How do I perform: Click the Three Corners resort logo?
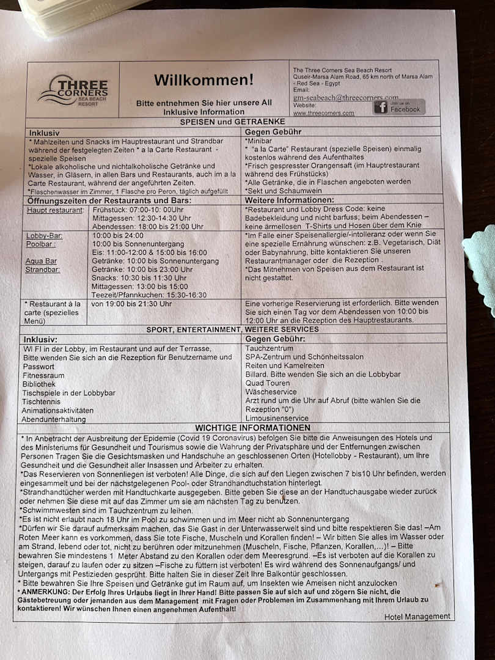point(73,90)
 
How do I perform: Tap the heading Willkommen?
point(203,80)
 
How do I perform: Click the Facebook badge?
point(399,107)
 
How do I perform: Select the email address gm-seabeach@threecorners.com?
point(345,97)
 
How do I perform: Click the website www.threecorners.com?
point(323,113)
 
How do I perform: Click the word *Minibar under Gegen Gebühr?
point(258,141)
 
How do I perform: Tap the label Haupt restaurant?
point(55,210)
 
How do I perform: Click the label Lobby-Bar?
point(44,235)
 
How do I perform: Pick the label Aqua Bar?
point(41,261)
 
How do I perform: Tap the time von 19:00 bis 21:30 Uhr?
point(131,304)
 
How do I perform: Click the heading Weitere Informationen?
point(289,200)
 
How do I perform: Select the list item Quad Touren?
point(268,383)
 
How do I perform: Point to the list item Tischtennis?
point(41,402)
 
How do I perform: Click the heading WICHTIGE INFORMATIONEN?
point(252,428)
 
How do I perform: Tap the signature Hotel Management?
point(417,617)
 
